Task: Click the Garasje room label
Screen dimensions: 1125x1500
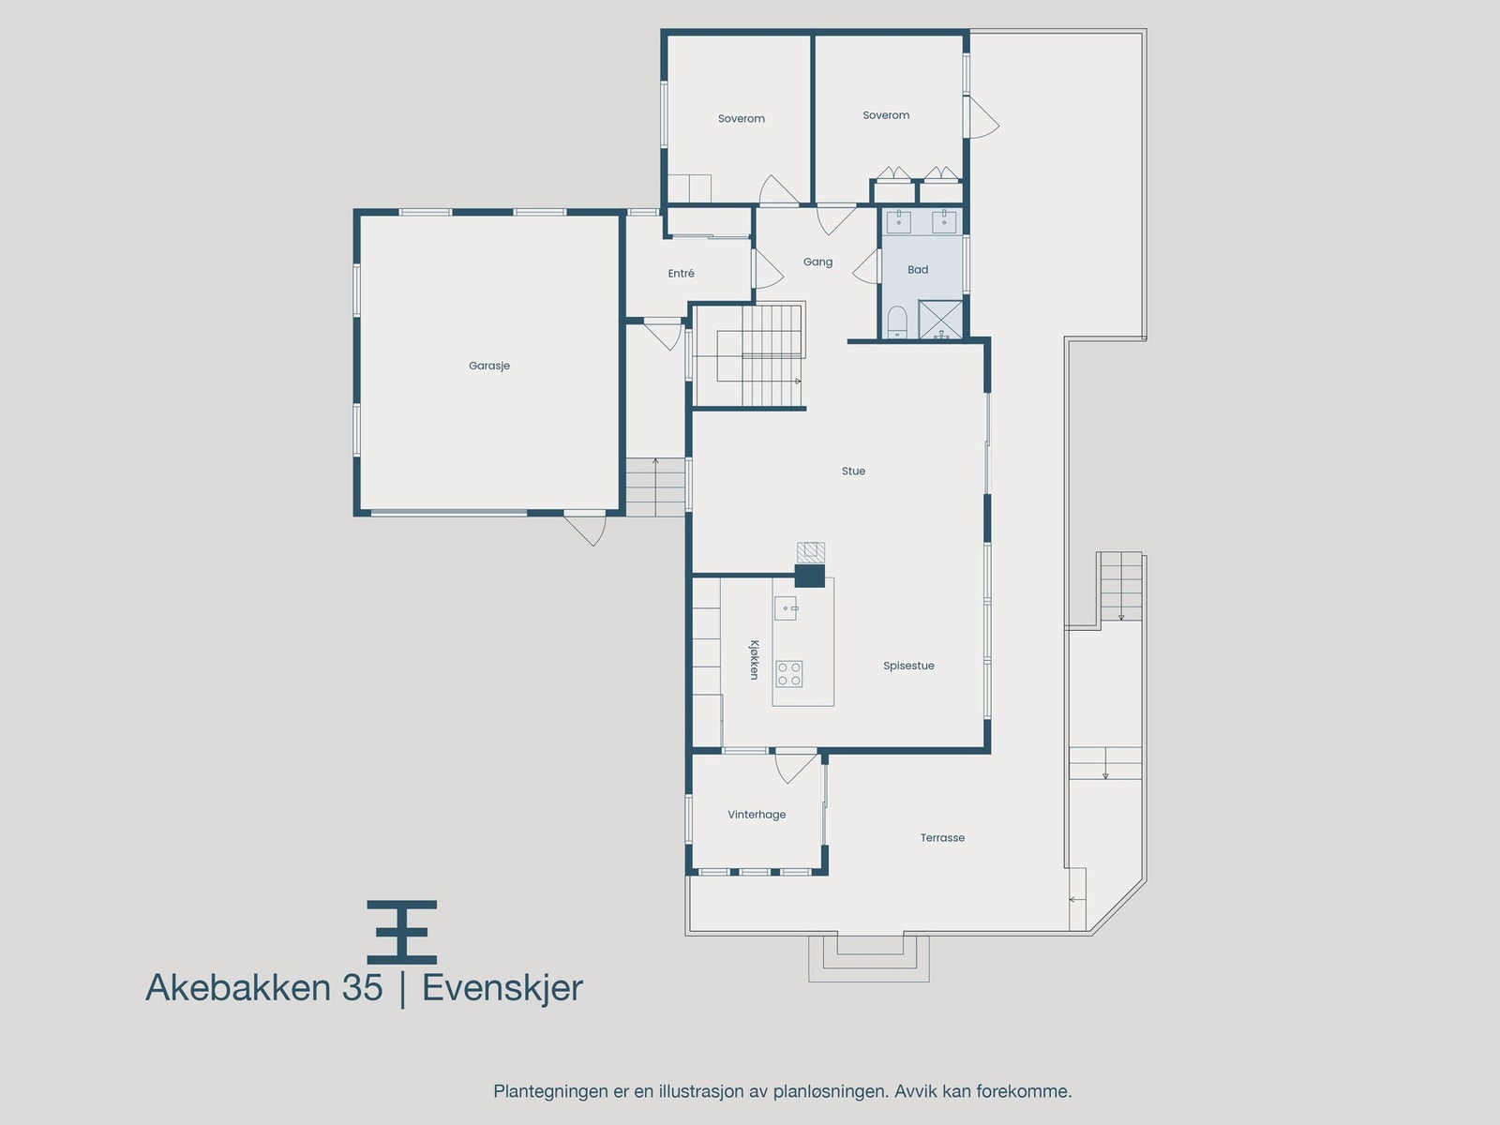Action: (x=489, y=366)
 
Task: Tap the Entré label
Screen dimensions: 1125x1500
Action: (x=682, y=274)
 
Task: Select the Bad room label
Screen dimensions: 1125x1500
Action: (x=918, y=270)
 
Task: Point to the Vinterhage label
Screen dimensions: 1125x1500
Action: (x=757, y=815)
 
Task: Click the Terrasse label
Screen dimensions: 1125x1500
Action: (x=942, y=838)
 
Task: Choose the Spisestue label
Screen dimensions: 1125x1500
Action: (x=908, y=666)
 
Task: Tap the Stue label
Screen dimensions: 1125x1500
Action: (x=853, y=472)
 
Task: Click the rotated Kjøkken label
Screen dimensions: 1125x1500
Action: (x=754, y=659)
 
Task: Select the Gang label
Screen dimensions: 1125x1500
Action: (x=817, y=262)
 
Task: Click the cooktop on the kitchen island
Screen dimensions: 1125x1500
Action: (x=789, y=673)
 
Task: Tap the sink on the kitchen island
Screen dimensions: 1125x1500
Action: (x=786, y=608)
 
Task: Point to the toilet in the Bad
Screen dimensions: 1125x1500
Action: (x=897, y=322)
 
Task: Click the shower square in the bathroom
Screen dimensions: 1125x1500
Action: (x=940, y=319)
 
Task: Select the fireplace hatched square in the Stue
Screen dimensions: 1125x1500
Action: (x=811, y=551)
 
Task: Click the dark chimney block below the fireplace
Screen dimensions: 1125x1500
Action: (x=810, y=576)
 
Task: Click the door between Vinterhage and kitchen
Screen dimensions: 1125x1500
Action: (x=794, y=765)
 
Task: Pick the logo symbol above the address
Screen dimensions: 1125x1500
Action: (x=401, y=932)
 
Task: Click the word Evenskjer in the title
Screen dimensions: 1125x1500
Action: (x=502, y=988)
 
